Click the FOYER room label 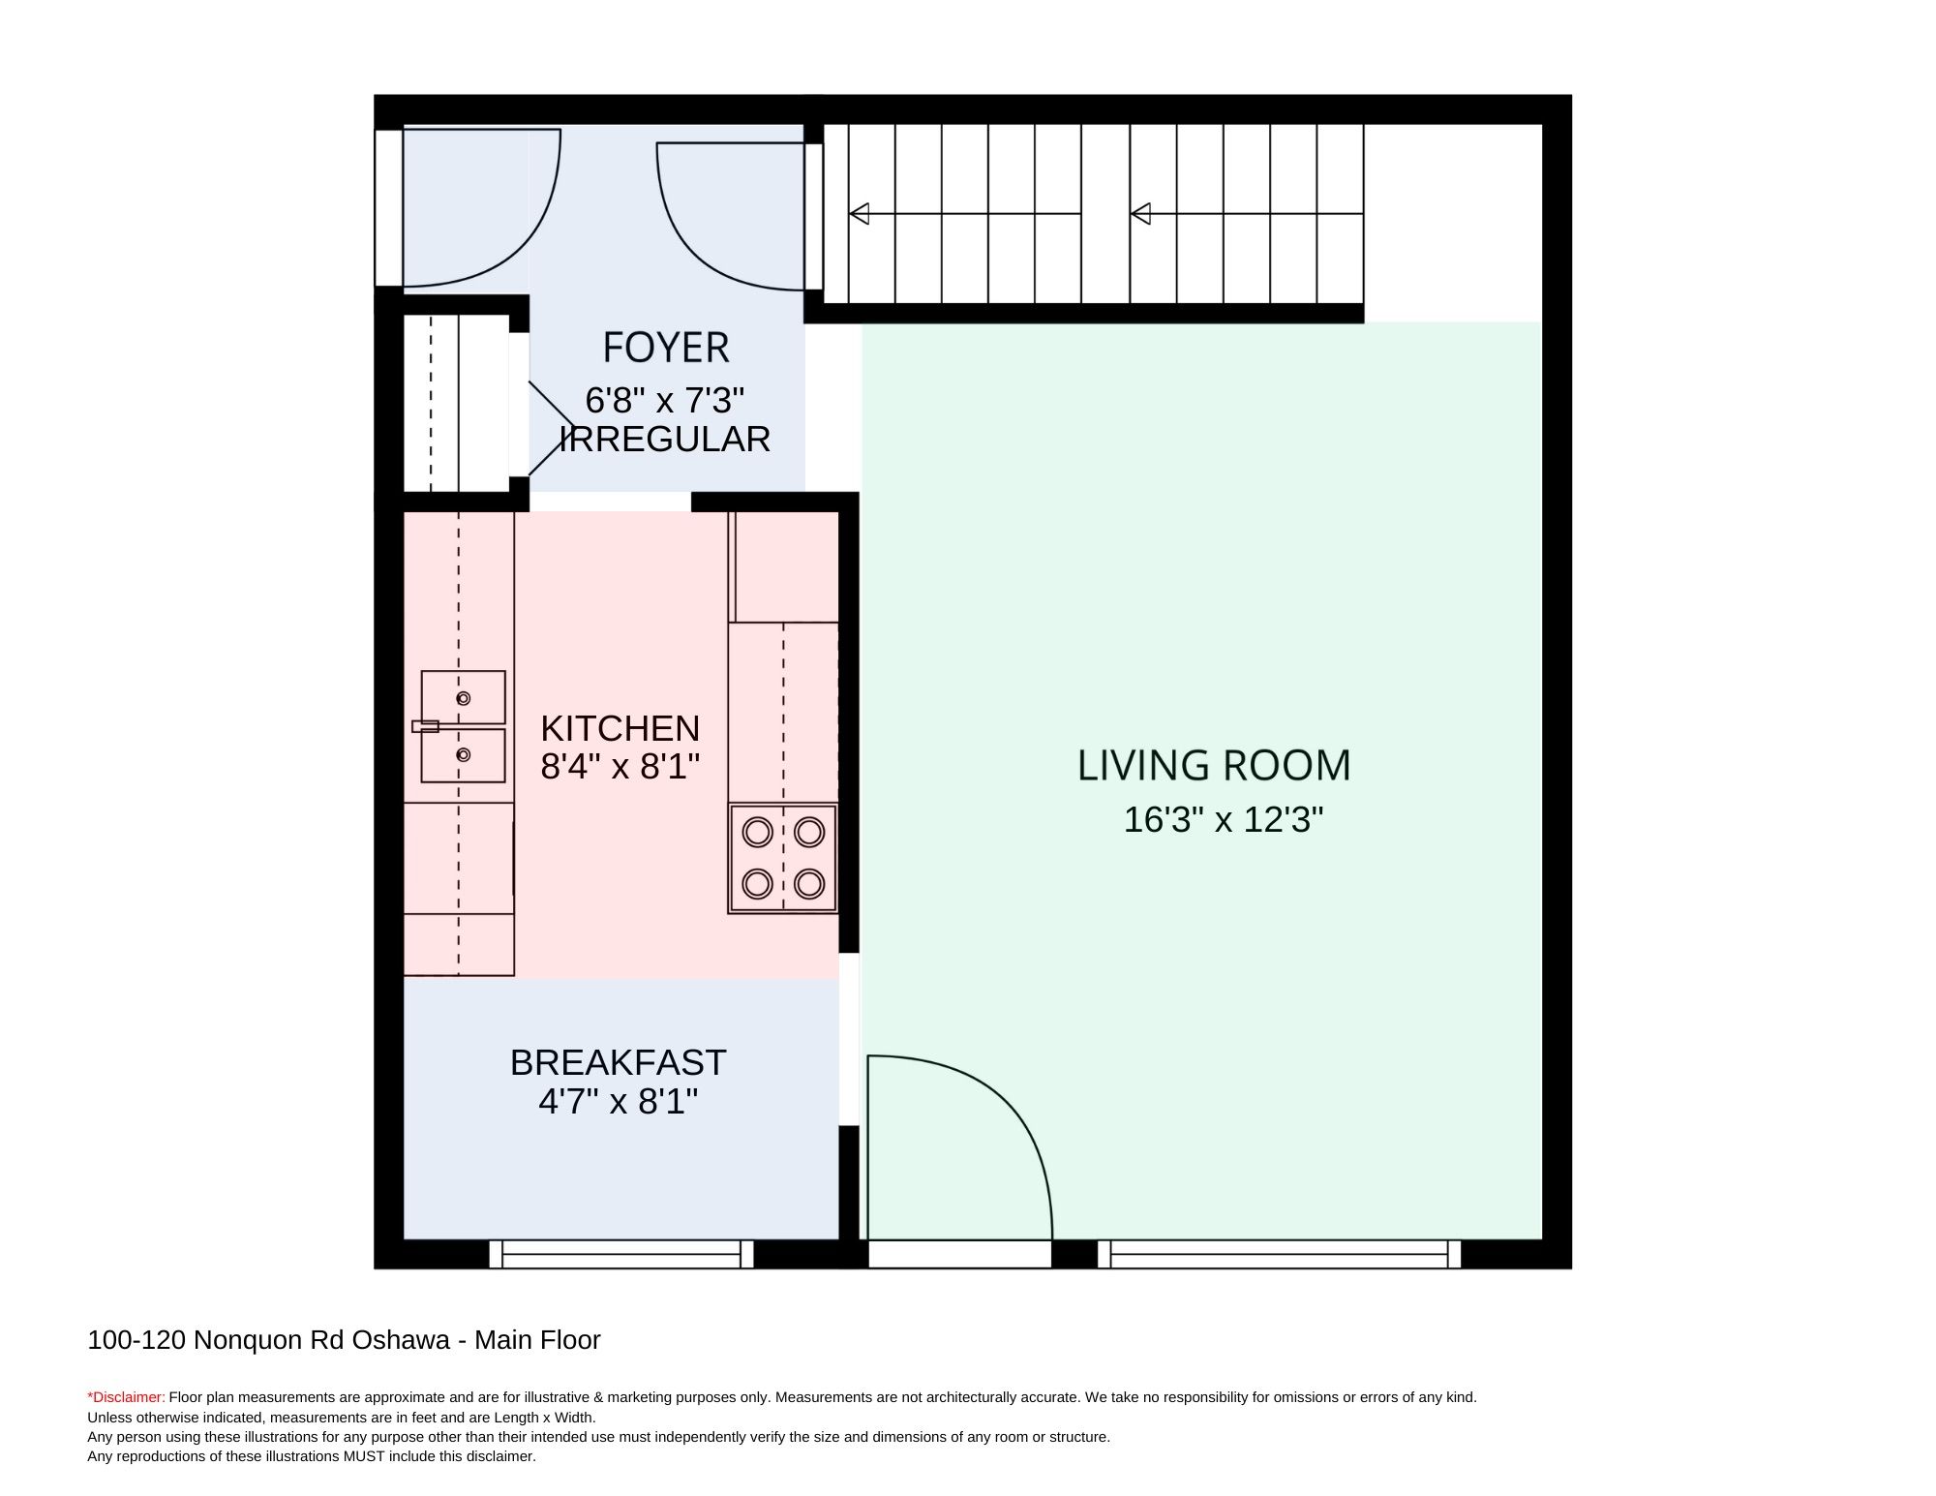[665, 348]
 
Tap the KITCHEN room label [620, 727]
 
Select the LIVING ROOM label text [1214, 765]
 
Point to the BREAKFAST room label [618, 1062]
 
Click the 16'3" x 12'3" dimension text [1223, 820]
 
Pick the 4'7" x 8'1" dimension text [618, 1102]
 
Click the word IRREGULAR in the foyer [665, 440]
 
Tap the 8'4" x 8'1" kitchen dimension [620, 767]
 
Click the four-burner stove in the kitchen [783, 858]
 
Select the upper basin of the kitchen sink [463, 697]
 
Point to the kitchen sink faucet [425, 726]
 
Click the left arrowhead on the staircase [859, 213]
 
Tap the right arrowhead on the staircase [1140, 213]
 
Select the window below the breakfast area [621, 1254]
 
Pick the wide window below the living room [1279, 1254]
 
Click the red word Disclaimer [127, 1397]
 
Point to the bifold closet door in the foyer [550, 428]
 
